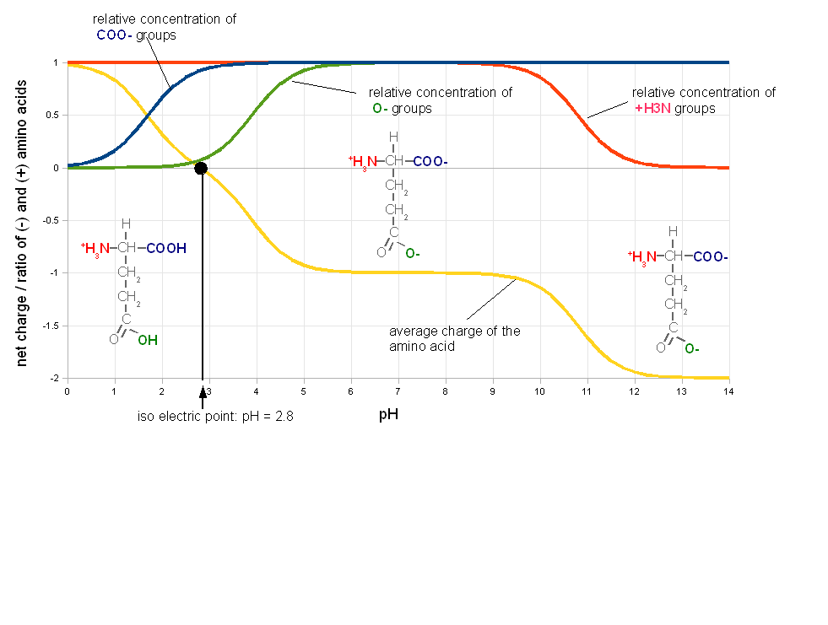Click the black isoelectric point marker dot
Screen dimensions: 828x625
201,169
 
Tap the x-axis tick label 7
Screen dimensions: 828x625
398,391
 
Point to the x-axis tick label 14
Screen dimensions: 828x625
728,391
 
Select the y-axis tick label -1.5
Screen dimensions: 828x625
51,326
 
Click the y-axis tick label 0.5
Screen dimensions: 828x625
53,115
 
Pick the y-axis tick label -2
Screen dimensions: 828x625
55,379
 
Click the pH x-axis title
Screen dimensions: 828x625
388,415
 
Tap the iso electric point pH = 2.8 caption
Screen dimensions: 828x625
215,417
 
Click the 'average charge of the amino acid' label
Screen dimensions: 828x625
455,339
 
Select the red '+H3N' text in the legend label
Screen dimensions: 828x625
652,109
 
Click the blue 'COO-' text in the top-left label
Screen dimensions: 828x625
114,35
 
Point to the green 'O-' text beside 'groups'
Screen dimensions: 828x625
380,109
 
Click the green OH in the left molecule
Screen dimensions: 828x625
148,341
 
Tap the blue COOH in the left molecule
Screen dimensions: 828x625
166,248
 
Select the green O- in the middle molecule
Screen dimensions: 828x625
413,254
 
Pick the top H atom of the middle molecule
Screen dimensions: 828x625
393,137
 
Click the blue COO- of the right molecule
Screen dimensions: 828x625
711,257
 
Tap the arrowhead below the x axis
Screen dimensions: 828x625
203,391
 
